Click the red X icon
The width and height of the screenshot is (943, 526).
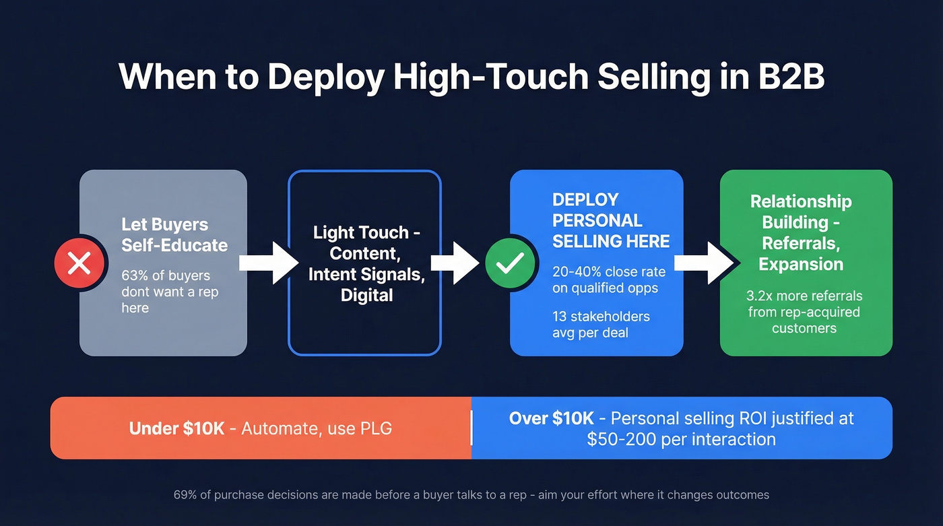[x=79, y=263]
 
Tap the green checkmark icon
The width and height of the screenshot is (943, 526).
[x=511, y=263]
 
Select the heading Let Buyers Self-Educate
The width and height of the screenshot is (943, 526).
[x=174, y=234]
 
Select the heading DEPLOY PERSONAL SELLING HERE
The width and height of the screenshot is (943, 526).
[x=611, y=220]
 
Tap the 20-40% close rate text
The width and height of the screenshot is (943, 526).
[x=608, y=271]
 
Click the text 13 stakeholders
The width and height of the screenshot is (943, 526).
[x=601, y=317]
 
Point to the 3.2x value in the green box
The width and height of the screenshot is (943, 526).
[x=762, y=296]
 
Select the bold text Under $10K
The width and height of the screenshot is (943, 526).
[x=176, y=428]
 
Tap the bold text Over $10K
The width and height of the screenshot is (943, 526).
[x=551, y=418]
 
